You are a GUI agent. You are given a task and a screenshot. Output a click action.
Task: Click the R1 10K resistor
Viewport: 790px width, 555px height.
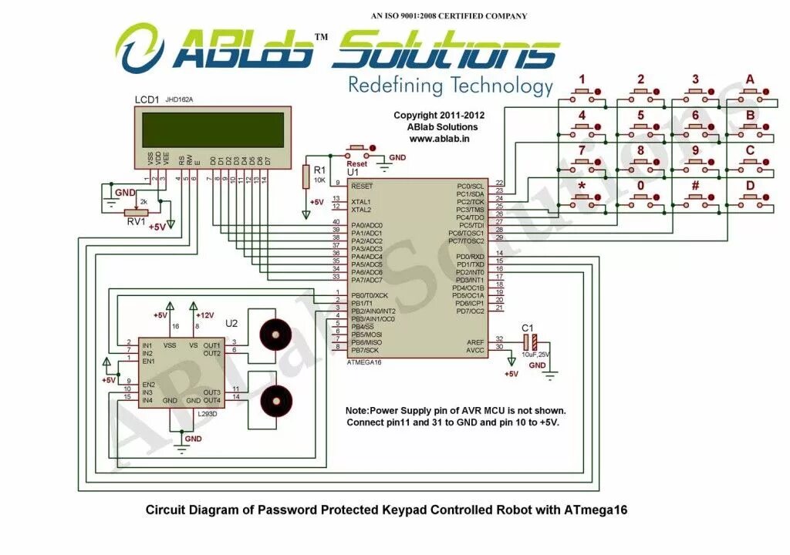(x=306, y=177)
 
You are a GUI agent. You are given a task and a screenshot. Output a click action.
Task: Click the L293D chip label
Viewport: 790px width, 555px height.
(x=207, y=414)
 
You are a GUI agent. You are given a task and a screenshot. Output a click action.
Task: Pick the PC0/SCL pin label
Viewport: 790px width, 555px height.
(x=471, y=186)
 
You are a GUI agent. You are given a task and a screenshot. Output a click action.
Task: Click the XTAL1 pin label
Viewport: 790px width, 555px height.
(x=361, y=201)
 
